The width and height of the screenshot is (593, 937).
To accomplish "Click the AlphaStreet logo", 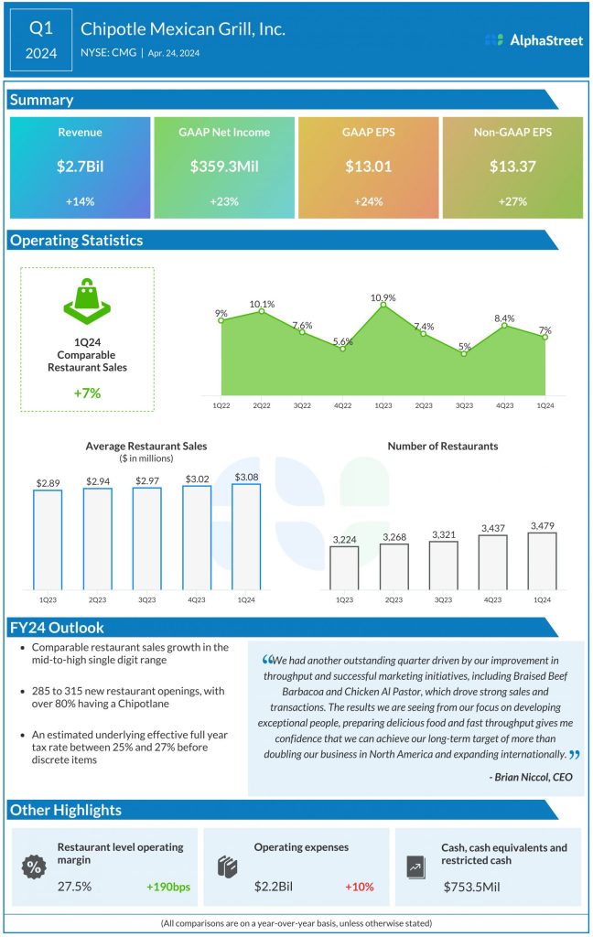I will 534,40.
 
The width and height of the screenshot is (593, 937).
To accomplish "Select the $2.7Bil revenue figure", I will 80,167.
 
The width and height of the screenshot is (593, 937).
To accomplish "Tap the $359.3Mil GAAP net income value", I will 224,167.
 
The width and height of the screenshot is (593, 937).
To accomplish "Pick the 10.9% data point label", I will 383,297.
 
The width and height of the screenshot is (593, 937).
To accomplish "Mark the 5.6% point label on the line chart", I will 343,341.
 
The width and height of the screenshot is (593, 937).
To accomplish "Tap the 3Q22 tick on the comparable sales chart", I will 302,404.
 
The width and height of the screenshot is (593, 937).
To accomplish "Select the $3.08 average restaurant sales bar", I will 246,536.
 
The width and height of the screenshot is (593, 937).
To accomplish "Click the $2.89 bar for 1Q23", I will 48,540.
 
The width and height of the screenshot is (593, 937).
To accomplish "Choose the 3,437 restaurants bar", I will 492,562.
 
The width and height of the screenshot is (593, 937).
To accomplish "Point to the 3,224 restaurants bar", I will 344,567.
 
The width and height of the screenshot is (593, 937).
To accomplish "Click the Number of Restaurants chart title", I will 443,446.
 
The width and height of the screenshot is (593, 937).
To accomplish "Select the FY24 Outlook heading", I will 57,628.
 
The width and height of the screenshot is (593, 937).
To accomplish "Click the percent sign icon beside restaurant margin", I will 34,867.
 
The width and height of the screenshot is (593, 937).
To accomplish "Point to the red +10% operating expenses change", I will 360,887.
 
